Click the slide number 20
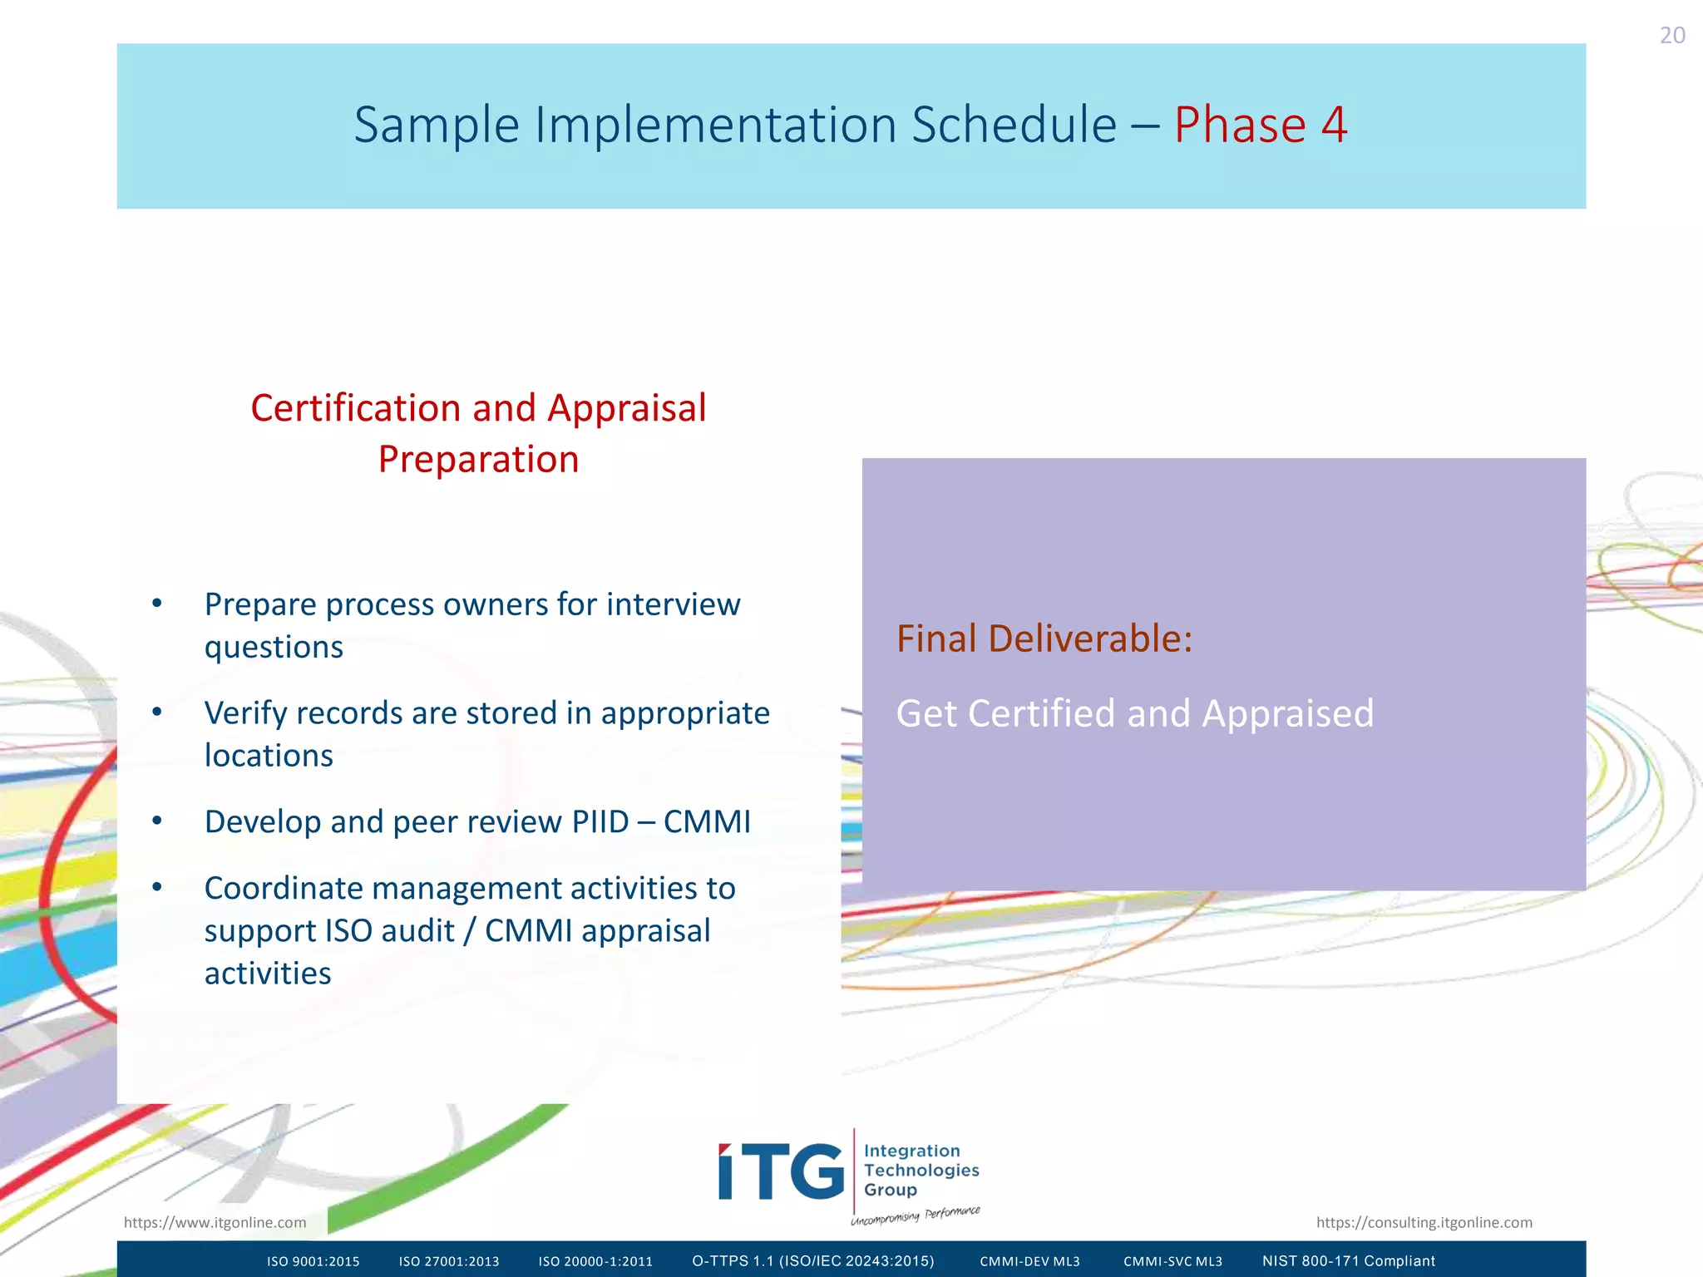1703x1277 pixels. point(1671,36)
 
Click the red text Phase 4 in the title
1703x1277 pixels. point(1260,125)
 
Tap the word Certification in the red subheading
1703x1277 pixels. point(356,408)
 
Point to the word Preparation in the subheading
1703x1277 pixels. point(478,460)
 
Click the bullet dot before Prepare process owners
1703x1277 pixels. point(157,604)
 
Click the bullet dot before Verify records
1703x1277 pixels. point(157,712)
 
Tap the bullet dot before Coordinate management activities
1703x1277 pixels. point(157,888)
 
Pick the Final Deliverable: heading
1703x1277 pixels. point(1044,638)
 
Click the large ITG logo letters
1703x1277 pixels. point(781,1172)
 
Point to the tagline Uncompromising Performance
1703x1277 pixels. point(915,1215)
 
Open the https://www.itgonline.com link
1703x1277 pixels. point(215,1222)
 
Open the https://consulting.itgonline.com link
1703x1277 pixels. point(1424,1222)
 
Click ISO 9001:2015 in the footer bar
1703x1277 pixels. point(313,1261)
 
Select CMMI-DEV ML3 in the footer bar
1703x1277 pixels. point(1029,1261)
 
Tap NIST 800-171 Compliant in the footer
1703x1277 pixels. point(1349,1261)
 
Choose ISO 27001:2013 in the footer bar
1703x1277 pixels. point(449,1261)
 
